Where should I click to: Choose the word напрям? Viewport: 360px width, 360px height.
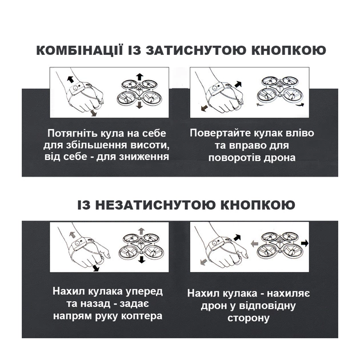pyautogui.click(x=76, y=315)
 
